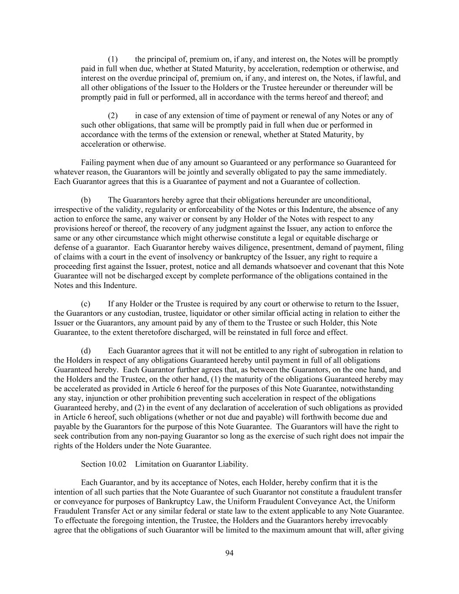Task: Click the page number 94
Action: tap(230, 553)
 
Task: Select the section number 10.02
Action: tap(117, 464)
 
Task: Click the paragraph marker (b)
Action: tap(86, 200)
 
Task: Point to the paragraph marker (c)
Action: tap(86, 304)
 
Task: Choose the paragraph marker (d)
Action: tap(86, 351)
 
